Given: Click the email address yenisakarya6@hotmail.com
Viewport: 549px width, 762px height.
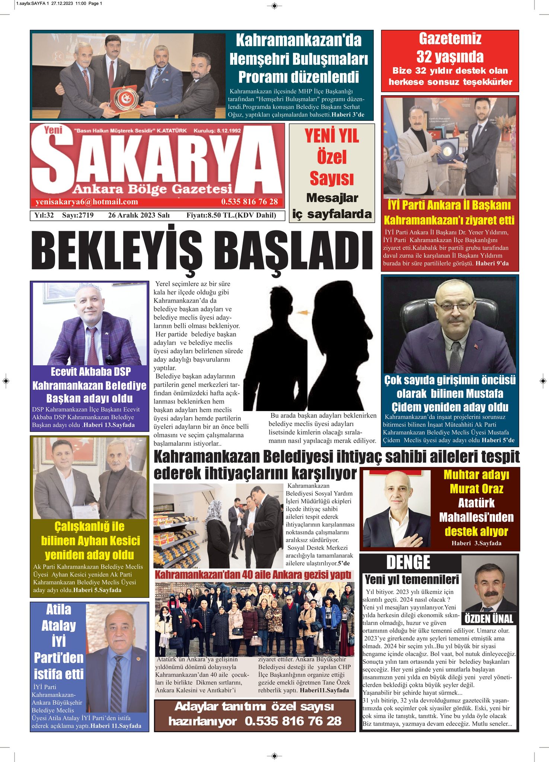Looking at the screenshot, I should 87,202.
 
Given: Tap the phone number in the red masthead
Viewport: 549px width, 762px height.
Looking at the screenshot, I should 249,202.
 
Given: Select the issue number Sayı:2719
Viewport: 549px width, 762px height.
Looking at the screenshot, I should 78,215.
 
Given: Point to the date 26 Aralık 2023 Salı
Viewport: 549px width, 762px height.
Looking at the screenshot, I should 139,215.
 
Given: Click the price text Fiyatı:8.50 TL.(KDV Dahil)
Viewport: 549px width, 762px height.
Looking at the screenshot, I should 231,215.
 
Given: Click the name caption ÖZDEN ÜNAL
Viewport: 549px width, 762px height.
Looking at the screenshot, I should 489,619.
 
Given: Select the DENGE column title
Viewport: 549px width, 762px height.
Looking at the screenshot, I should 408,563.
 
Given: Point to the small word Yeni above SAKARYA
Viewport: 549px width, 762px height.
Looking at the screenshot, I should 53,130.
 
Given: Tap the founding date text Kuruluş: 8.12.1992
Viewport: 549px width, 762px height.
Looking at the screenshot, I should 217,131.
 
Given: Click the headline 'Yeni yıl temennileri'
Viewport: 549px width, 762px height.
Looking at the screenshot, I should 412,580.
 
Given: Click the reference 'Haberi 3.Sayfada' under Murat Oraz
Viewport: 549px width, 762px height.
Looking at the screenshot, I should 476,543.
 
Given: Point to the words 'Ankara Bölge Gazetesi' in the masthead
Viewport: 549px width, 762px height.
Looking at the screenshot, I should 153,189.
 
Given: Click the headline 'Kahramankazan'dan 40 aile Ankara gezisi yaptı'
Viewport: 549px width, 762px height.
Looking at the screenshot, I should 253,575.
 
